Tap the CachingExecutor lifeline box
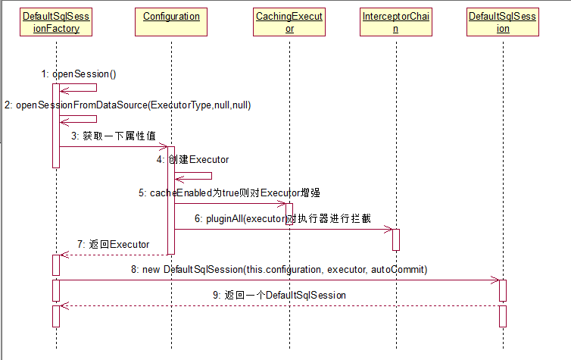(x=289, y=22)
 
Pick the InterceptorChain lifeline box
(x=395, y=22)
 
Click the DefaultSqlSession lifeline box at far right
(x=503, y=22)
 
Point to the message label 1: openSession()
(x=79, y=74)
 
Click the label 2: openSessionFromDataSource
(x=127, y=105)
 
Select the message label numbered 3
(x=114, y=136)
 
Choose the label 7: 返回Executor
(x=113, y=245)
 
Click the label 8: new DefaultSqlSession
(x=279, y=269)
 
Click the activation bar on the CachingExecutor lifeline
(x=289, y=213)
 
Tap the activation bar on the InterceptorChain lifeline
(x=395, y=239)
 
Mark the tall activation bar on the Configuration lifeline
(x=171, y=200)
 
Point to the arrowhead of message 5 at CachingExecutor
(x=282, y=203)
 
